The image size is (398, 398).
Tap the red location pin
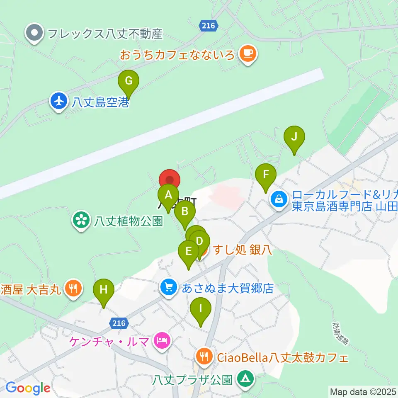tap(170, 180)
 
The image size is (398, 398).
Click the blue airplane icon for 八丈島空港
tap(58, 101)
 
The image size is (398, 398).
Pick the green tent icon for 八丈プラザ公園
tap(245, 379)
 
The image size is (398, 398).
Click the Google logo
tap(28, 388)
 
